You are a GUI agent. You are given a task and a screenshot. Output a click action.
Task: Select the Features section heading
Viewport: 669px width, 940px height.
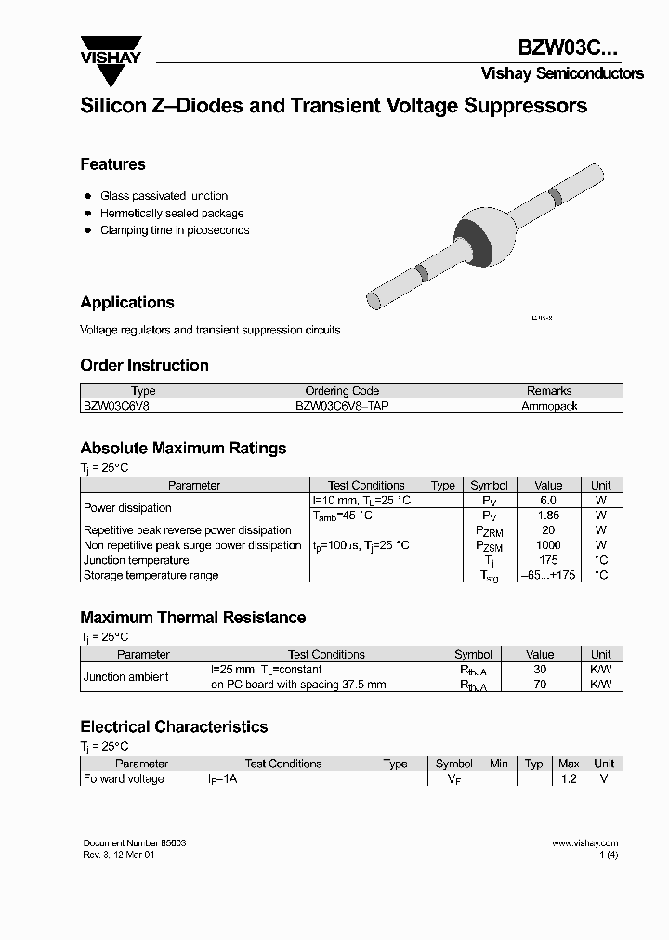112,164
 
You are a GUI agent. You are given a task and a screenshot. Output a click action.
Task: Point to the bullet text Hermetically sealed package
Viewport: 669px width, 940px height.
164,213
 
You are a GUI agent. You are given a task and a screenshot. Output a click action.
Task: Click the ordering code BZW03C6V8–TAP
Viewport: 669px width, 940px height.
341,406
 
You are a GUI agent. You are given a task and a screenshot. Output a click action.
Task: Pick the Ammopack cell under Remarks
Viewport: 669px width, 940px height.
549,406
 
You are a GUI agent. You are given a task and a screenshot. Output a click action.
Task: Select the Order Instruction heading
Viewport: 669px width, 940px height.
144,365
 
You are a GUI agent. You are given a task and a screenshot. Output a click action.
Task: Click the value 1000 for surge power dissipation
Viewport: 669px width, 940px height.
548,545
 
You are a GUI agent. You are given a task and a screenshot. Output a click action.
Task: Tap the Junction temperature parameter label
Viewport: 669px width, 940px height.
136,560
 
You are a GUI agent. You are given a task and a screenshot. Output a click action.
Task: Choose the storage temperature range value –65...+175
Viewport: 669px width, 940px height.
548,575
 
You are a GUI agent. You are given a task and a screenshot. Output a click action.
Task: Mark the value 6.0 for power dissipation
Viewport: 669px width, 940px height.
548,501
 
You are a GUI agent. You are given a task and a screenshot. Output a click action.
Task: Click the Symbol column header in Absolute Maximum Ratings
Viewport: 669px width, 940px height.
489,485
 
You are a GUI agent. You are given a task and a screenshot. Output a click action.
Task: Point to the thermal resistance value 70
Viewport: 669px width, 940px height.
540,685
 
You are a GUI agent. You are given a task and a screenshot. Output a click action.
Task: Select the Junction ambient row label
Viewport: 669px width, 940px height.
126,677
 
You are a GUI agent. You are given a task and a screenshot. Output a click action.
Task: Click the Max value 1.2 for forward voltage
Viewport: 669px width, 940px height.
568,779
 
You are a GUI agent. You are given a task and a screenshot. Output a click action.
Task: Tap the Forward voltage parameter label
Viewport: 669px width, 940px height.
124,779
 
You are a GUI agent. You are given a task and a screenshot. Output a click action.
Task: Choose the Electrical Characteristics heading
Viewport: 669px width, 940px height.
174,726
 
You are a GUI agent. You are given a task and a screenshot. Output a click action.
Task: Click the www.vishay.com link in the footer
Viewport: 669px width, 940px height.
584,843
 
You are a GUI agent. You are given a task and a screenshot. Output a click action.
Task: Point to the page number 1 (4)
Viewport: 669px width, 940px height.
609,855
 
